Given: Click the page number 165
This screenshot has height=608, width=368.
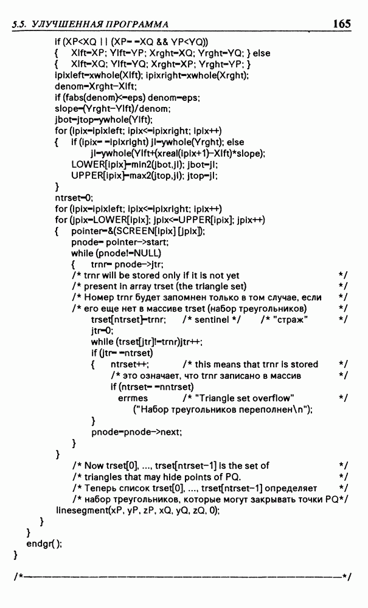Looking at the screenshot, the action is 342,24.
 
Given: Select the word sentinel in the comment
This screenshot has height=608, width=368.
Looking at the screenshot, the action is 212,320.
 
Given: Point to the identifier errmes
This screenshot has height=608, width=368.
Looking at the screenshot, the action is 133,399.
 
